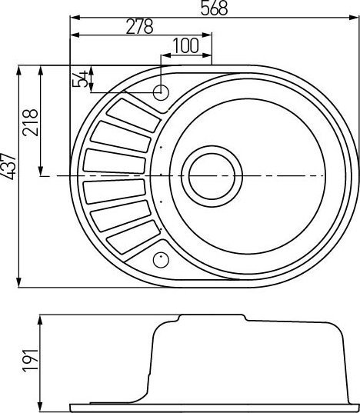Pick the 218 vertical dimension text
(x=32, y=121)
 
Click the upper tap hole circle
(x=161, y=93)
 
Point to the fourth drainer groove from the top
(x=113, y=192)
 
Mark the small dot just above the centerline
(x=161, y=145)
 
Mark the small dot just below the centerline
(x=161, y=201)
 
